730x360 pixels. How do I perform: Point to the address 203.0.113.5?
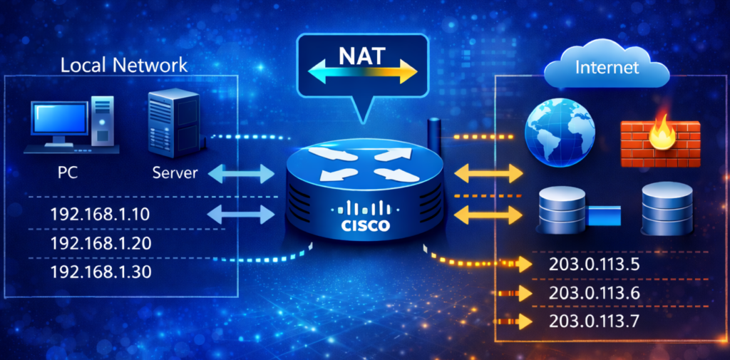(x=595, y=265)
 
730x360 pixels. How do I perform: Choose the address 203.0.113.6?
(x=595, y=294)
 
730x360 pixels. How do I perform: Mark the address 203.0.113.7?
(x=595, y=322)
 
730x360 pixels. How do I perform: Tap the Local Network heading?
(x=124, y=66)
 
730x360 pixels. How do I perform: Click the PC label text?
(x=68, y=173)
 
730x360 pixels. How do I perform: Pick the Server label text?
(x=175, y=173)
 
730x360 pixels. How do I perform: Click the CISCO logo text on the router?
(x=364, y=225)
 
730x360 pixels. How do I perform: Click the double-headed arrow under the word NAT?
(x=363, y=71)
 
